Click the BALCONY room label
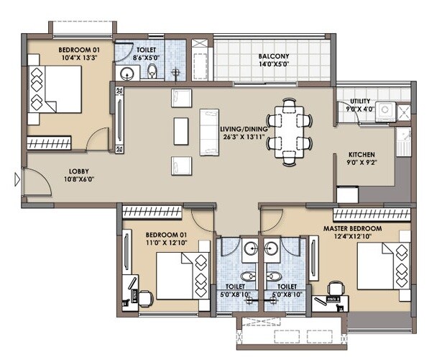pyautogui.click(x=274, y=55)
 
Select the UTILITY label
pyautogui.click(x=360, y=101)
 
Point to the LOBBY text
pyautogui.click(x=78, y=171)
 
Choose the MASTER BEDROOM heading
pyautogui.click(x=357, y=228)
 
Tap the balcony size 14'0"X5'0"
pyautogui.click(x=274, y=64)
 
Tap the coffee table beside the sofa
pyautogui.click(x=180, y=130)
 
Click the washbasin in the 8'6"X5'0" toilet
pyautogui.click(x=128, y=72)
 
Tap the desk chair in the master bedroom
pyautogui.click(x=333, y=289)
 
